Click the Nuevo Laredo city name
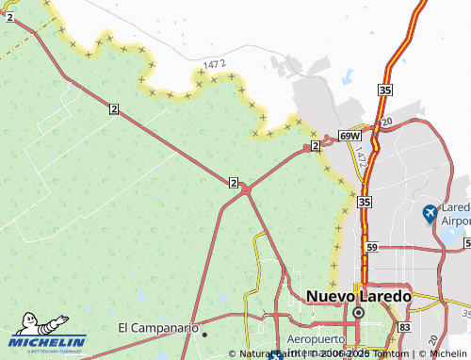tap(359, 295)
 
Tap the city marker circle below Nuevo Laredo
tap(358, 312)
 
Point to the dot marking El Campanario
tap(204, 332)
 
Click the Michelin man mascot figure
tap(27, 322)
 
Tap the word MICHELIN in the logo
tap(48, 341)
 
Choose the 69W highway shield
tap(349, 136)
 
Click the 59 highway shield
tap(371, 247)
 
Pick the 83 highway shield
tap(404, 326)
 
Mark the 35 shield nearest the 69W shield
tap(383, 90)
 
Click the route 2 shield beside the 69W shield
tap(315, 146)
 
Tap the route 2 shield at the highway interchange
tap(233, 182)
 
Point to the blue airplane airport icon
tap(430, 213)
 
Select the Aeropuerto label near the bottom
tap(315, 338)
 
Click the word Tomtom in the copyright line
tap(392, 353)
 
